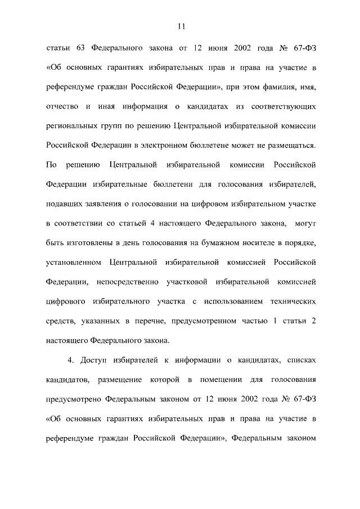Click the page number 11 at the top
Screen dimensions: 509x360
coord(180,25)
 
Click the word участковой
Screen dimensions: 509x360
coord(188,281)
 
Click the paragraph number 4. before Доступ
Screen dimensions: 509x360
coord(70,359)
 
